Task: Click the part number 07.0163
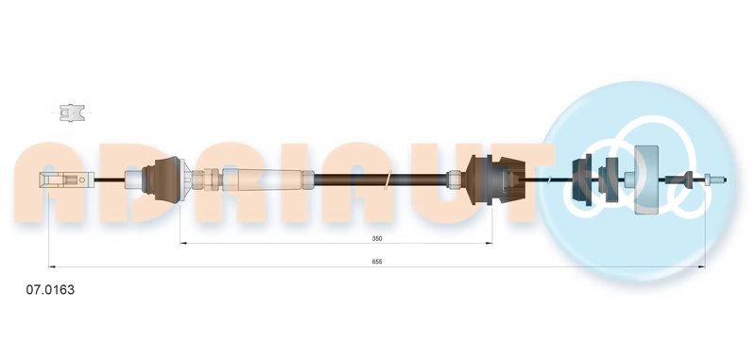50,290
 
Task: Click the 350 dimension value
377,238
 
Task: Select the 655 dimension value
377,261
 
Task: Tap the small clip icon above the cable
72,112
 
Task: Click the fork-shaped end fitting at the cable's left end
66,180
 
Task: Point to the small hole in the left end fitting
82,180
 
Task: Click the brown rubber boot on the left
162,180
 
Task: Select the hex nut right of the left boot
207,180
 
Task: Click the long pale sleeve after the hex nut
267,180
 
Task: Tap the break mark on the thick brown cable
387,180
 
